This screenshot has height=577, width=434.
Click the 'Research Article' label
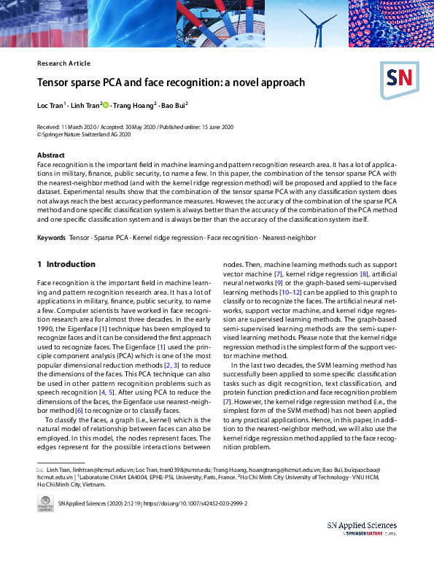(x=63, y=63)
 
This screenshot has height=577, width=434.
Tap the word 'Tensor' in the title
(x=55, y=82)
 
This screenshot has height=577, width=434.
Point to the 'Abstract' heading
(x=51, y=155)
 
